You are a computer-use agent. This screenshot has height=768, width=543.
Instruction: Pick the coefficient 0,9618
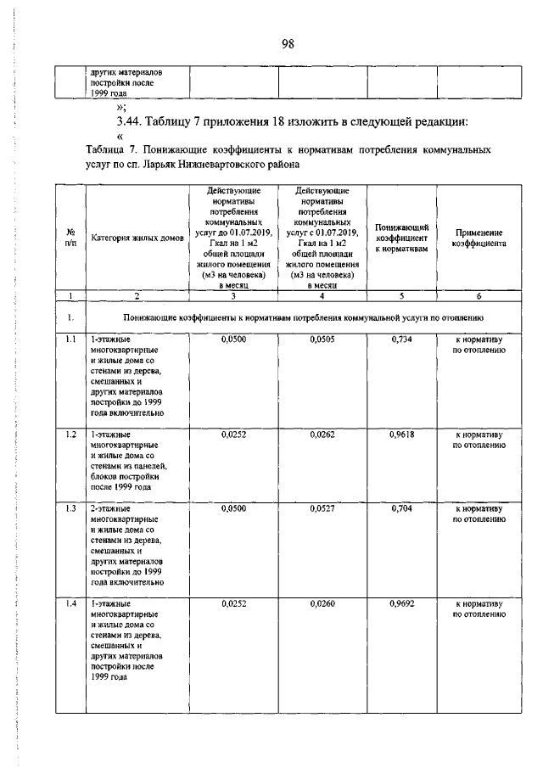pyautogui.click(x=402, y=434)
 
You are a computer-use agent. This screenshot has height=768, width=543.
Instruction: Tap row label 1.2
pyautogui.click(x=71, y=434)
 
